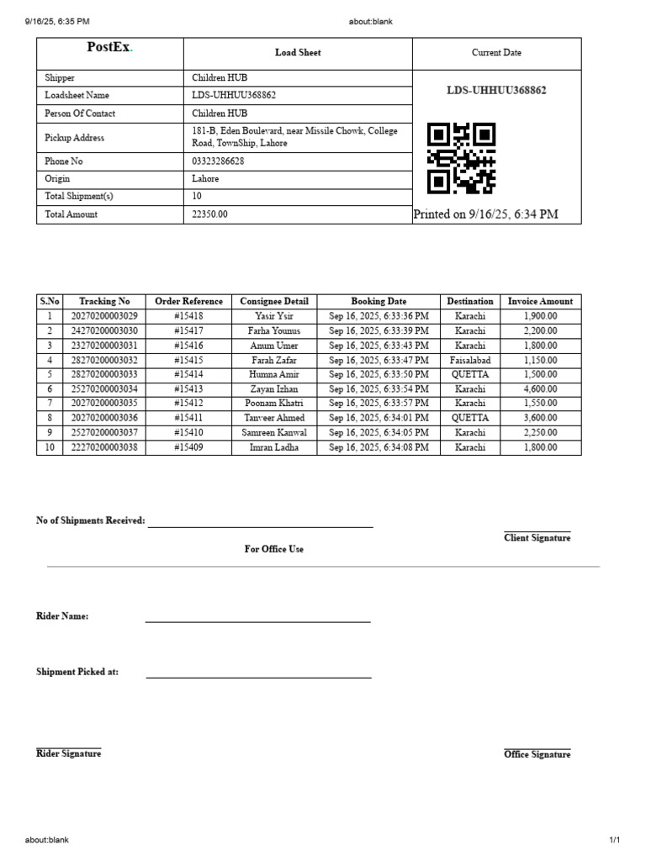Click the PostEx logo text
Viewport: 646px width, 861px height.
point(109,48)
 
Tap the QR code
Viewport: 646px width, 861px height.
point(461,158)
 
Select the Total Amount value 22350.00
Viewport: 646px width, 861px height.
point(210,214)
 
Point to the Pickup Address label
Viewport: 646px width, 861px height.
point(75,137)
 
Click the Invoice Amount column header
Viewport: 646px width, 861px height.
point(540,301)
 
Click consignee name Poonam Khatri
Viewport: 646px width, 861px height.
point(274,404)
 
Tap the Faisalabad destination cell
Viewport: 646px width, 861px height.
point(470,360)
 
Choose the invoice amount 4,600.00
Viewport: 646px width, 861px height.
point(540,389)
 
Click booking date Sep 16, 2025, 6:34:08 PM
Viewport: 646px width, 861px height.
point(379,447)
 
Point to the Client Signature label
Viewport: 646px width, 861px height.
point(537,538)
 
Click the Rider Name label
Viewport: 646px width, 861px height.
point(62,616)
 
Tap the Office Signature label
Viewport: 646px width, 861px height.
point(537,754)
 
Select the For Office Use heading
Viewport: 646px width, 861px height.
point(274,549)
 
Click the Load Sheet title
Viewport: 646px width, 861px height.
point(298,52)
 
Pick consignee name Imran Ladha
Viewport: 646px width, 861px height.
point(274,447)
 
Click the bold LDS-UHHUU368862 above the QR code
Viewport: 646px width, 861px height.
point(496,90)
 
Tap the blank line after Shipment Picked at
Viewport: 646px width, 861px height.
point(257,675)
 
